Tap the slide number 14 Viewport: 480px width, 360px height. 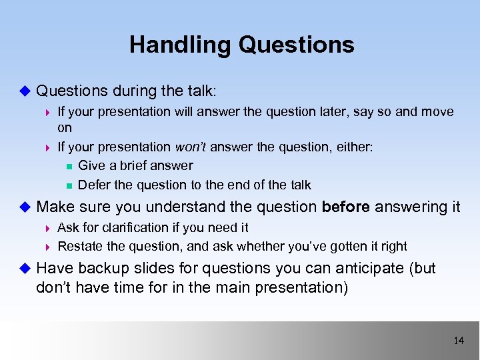click(x=458, y=341)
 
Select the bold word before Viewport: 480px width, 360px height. click(x=346, y=207)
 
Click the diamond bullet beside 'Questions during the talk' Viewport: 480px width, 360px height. click(x=25, y=90)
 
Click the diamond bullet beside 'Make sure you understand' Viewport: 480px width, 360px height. click(x=25, y=207)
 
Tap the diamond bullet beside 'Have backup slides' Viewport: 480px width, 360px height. click(x=25, y=269)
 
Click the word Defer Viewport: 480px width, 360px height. click(x=93, y=185)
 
